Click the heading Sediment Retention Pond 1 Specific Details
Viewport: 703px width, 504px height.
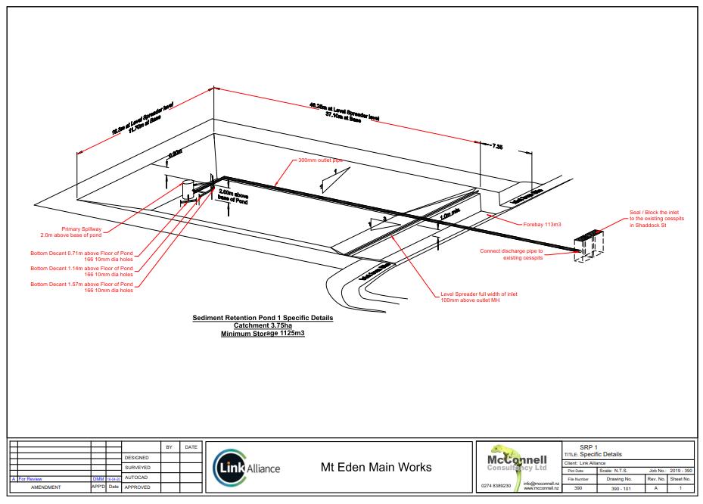263,318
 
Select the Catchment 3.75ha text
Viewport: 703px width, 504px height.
263,325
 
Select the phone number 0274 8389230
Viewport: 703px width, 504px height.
497,487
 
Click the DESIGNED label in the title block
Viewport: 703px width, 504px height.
138,458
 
